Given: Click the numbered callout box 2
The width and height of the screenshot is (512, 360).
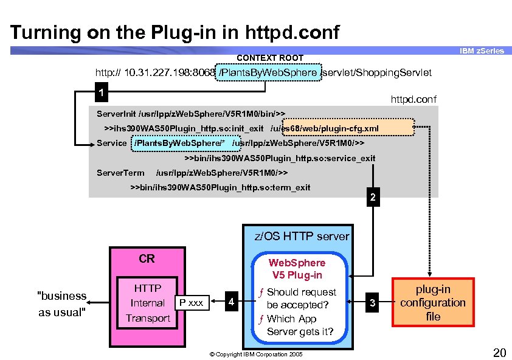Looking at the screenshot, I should (x=372, y=198).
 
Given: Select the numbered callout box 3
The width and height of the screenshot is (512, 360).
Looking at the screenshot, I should (x=372, y=302).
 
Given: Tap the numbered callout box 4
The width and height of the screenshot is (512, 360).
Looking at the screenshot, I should (x=229, y=302).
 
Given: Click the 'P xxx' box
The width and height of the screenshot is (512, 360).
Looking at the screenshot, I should (x=192, y=302).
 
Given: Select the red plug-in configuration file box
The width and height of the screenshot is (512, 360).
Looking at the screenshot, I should (x=433, y=303).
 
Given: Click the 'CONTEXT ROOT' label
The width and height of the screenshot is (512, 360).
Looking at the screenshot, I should (x=269, y=58).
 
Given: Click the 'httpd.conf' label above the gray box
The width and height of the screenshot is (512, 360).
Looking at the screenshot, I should (x=413, y=99).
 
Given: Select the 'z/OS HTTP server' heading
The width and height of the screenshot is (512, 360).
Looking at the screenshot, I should (x=302, y=236).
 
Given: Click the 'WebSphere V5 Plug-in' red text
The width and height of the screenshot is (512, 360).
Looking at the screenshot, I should (x=297, y=269).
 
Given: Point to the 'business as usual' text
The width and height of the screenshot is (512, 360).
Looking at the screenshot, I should (x=62, y=303).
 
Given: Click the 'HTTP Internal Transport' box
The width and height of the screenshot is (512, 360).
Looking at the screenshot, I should (x=147, y=303).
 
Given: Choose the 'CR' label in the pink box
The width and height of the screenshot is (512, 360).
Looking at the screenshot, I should (x=147, y=258).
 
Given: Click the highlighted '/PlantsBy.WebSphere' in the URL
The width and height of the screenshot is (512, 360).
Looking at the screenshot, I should (x=268, y=73).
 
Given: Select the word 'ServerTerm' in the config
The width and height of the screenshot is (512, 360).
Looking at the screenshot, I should (x=120, y=173).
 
